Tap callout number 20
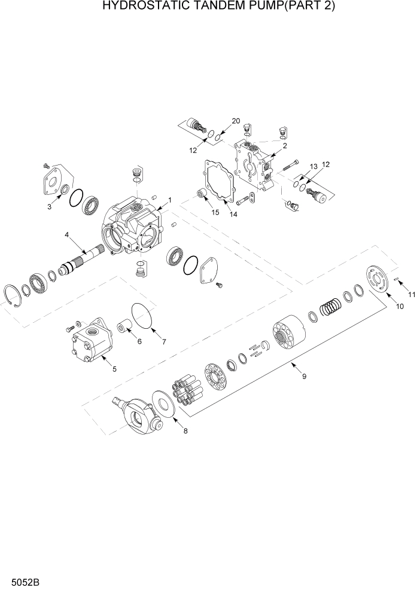(236, 121)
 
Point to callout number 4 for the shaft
(67, 235)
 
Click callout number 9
(304, 376)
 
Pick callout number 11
(411, 294)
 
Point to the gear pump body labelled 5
(90, 344)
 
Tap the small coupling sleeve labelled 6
(124, 328)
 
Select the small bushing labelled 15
(202, 194)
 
